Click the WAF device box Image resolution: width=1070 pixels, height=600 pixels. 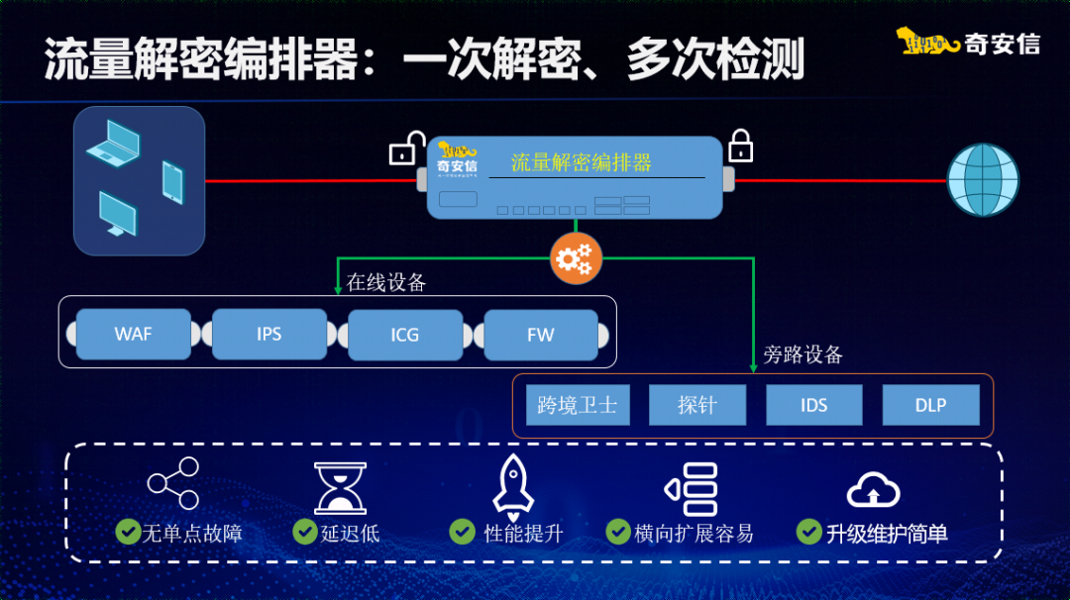[x=133, y=334]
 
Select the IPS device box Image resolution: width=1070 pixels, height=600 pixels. [x=268, y=334]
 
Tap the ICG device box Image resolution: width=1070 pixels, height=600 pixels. [x=405, y=334]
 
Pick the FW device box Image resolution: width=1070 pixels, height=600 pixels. [x=541, y=334]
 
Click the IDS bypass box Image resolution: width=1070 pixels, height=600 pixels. [x=814, y=405]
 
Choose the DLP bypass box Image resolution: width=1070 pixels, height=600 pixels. [x=930, y=405]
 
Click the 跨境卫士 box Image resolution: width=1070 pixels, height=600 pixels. [x=578, y=405]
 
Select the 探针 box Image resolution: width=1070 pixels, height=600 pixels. [x=696, y=405]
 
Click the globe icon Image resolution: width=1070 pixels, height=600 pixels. [x=983, y=179]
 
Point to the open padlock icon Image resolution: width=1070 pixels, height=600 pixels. [x=407, y=148]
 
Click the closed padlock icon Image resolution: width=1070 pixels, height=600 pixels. [x=740, y=146]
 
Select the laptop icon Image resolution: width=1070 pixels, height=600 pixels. [x=114, y=144]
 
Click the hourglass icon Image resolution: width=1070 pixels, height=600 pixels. [x=340, y=487]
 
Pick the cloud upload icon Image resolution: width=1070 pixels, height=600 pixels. [x=874, y=489]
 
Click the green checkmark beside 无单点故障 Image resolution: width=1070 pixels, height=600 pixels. [x=128, y=532]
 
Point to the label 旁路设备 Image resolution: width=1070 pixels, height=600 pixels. [x=802, y=354]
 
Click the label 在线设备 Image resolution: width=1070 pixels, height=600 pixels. [x=386, y=282]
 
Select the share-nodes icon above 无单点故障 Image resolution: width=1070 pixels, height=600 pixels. [x=173, y=483]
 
